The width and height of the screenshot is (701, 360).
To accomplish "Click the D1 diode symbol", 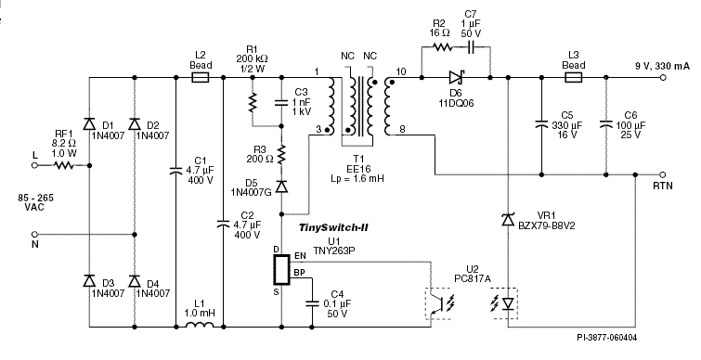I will pos(89,123).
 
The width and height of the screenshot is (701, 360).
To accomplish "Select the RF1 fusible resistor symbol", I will pos(63,165).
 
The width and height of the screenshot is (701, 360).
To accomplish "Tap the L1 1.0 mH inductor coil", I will pos(200,327).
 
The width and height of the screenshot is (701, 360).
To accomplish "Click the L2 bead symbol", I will pos(200,80).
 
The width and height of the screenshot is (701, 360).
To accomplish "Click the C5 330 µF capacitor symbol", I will pos(540,122).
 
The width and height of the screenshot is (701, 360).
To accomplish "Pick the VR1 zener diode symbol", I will pos(508,220).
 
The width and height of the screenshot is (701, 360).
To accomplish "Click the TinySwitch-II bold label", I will pos(334,227).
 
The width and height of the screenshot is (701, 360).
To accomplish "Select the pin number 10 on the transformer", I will pos(400,71).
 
